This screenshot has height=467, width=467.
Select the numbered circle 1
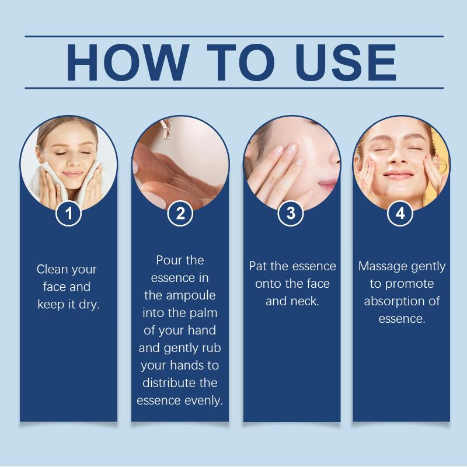[68, 213]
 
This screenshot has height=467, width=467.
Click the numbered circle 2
[180, 213]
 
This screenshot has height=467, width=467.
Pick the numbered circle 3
[291, 213]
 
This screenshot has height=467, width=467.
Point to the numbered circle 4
[400, 213]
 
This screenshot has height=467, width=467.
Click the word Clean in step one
[52, 269]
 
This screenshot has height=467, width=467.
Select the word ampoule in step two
[191, 296]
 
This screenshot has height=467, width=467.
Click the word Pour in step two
[167, 260]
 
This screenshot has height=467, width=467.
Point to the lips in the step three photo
[328, 186]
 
